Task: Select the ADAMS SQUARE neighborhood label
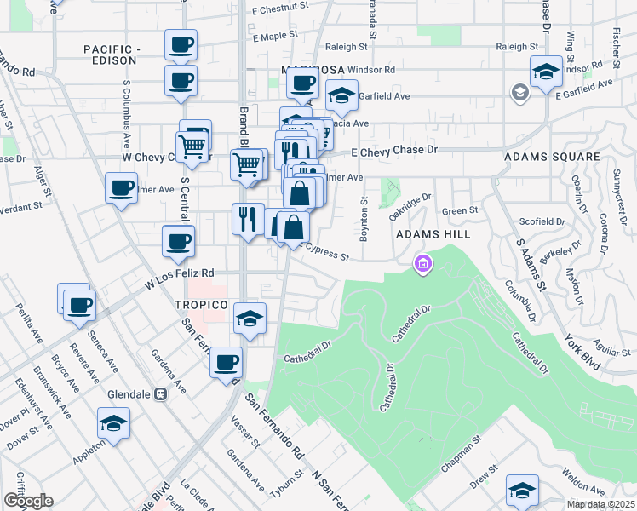coord(552,158)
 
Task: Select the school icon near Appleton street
coord(113,422)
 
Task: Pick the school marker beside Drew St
coord(522,489)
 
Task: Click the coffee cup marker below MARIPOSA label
coord(302,83)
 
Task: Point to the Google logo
coord(28,501)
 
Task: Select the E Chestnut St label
coord(279,9)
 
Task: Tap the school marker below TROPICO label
coord(250,318)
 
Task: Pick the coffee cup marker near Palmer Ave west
coord(121,187)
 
